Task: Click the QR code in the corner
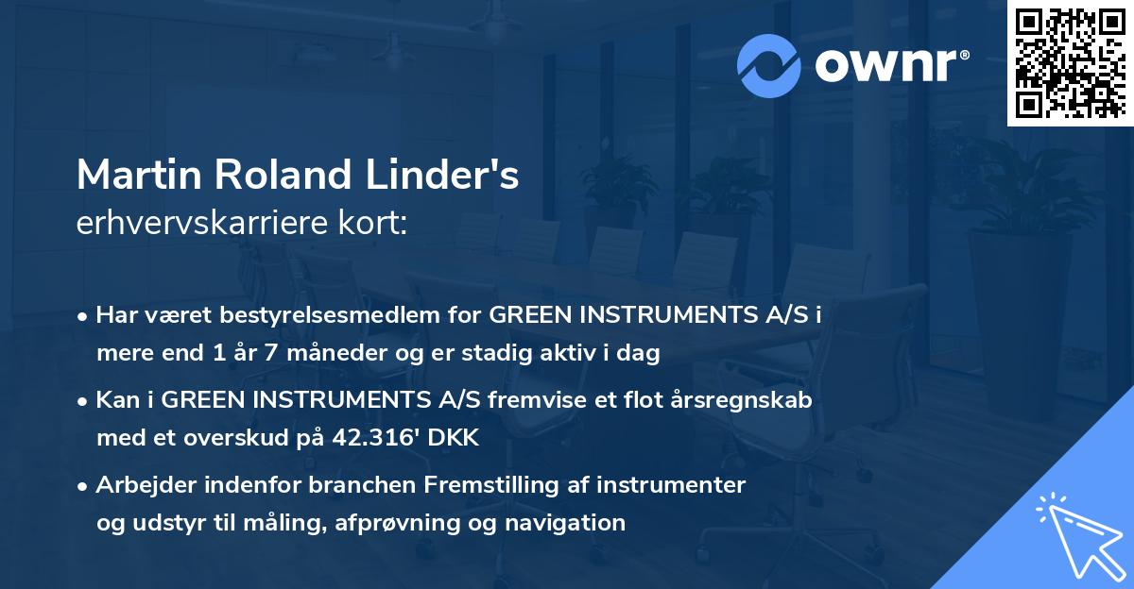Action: (1070, 63)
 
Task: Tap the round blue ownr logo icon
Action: (769, 65)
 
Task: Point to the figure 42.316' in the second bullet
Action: (366, 438)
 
